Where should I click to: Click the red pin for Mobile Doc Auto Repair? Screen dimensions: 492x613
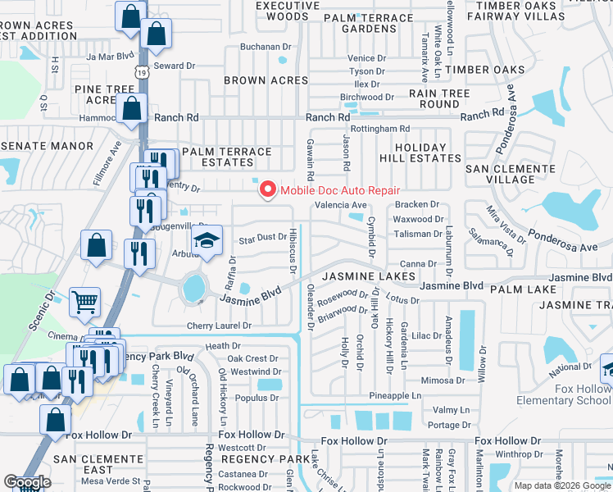(267, 189)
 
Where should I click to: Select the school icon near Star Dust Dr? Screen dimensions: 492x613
(207, 241)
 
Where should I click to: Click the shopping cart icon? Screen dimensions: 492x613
(84, 303)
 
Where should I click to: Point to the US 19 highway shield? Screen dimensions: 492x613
(144, 73)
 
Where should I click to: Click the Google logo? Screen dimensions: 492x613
(27, 482)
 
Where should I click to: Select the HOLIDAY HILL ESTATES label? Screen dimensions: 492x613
(413, 153)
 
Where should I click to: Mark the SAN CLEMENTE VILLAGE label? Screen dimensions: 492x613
(511, 173)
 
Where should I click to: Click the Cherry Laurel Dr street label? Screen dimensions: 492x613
(218, 326)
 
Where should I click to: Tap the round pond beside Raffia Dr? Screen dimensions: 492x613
(194, 288)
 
